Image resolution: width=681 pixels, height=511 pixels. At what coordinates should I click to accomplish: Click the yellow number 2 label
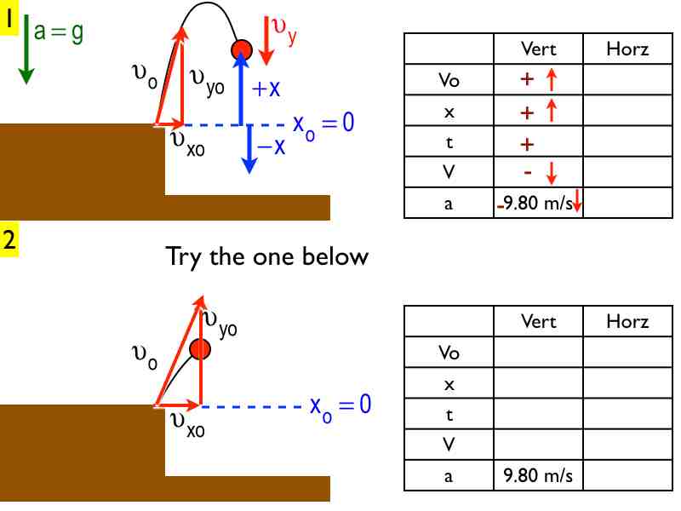9,239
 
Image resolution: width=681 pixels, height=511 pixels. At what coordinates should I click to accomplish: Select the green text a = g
59,32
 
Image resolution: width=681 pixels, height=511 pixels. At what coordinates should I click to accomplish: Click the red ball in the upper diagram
242,49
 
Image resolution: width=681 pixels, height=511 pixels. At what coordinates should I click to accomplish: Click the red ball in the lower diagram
200,348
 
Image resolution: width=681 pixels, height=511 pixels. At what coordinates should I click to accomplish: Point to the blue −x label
271,146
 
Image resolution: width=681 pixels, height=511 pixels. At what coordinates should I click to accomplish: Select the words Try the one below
266,255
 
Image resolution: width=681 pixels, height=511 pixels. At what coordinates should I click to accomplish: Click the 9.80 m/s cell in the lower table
538,475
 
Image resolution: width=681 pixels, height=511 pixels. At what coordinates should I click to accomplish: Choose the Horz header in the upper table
627,49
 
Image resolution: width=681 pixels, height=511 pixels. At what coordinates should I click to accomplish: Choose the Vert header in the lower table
538,321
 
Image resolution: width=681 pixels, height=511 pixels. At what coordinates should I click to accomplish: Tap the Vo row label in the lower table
449,352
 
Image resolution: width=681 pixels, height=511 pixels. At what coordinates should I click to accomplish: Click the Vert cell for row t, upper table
538,143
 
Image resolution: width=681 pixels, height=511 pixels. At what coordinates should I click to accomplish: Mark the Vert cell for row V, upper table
538,174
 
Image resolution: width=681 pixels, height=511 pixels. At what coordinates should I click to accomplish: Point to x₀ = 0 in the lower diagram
340,405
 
